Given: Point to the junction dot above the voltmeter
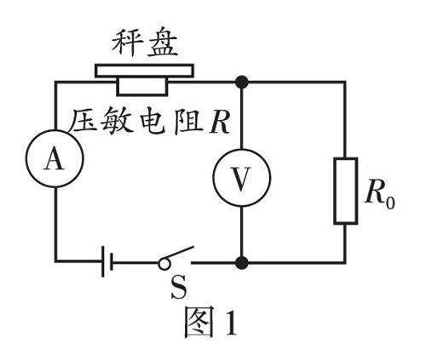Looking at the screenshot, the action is [x=242, y=83].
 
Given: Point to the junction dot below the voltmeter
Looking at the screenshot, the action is [x=242, y=262].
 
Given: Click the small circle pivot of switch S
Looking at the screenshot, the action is [x=164, y=263].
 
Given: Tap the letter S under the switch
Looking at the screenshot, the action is [x=179, y=288].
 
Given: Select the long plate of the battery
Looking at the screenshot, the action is [x=103, y=261].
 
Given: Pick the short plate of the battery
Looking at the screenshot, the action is [x=112, y=261].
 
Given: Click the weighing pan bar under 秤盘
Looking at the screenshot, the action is [x=144, y=71].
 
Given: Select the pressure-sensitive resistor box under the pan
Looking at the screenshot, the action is [x=142, y=86].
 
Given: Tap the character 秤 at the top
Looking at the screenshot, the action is [x=127, y=43].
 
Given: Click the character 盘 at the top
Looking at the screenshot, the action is [x=162, y=43].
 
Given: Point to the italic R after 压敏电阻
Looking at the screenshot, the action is [x=219, y=122].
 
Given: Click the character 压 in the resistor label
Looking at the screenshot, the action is [x=84, y=122].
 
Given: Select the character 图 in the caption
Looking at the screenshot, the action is [x=199, y=322].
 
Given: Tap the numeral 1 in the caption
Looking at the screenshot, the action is [x=231, y=323].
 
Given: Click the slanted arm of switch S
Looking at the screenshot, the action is [x=177, y=253].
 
